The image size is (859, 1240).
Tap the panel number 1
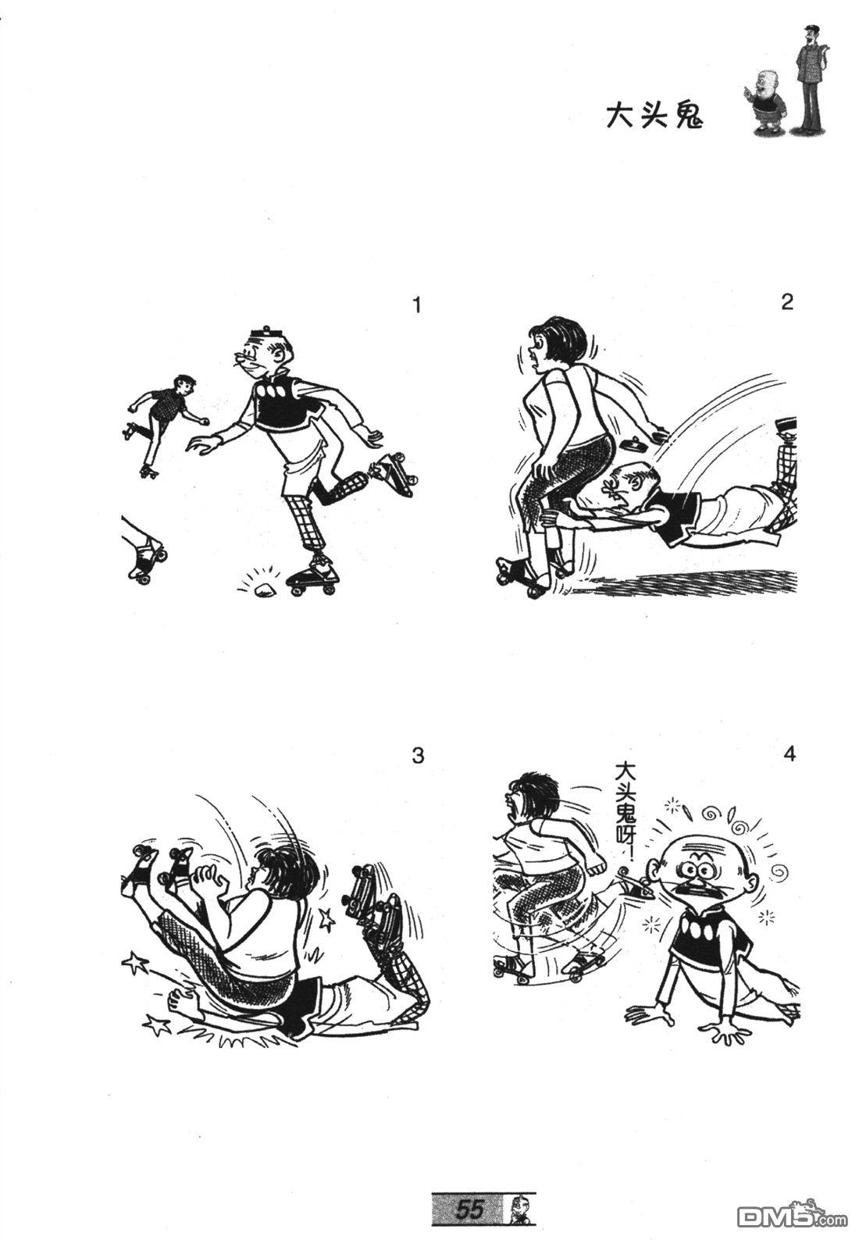point(417,305)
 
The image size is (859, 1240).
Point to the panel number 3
point(419,755)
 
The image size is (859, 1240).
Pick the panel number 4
point(789,754)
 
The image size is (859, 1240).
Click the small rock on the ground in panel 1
point(263,590)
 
